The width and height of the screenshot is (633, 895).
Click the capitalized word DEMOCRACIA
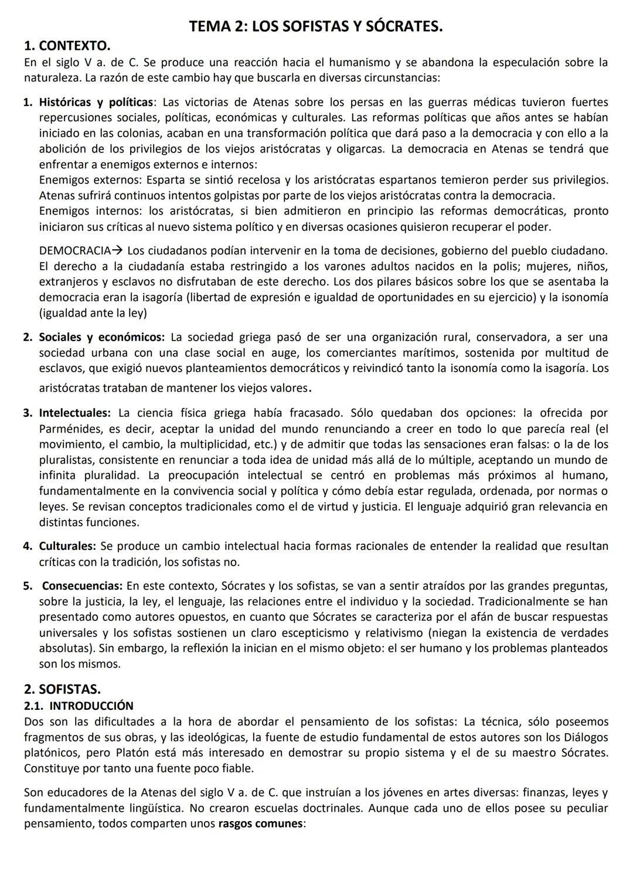pyautogui.click(x=74, y=251)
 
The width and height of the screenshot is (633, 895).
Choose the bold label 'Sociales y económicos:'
pyautogui.click(x=102, y=337)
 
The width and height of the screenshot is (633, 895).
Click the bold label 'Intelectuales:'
pyautogui.click(x=75, y=413)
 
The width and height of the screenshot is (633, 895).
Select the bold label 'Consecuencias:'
pyautogui.click(x=82, y=586)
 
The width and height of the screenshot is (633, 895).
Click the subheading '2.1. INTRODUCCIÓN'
pyautogui.click(x=79, y=706)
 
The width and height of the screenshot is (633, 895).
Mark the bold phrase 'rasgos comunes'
pyautogui.click(x=261, y=823)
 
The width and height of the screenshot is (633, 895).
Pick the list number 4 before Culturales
pyautogui.click(x=28, y=546)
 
